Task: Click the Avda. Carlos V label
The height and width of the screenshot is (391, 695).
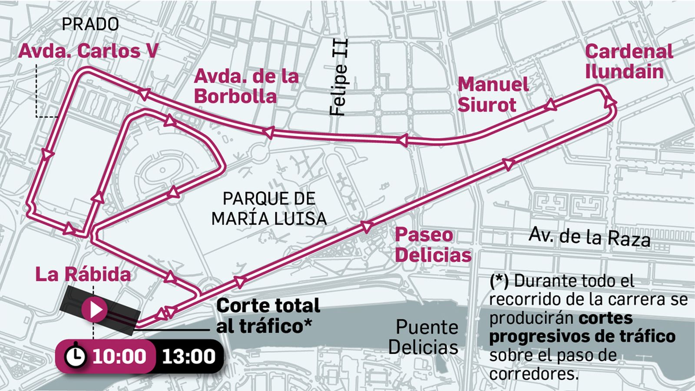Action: tap(88, 51)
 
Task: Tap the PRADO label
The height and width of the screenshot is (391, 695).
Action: tap(90, 24)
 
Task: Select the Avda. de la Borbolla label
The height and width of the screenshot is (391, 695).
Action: tap(246, 86)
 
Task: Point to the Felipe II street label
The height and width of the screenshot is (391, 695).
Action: tap(339, 77)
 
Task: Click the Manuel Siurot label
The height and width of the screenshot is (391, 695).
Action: tap(493, 94)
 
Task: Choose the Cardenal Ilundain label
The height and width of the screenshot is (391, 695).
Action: tap(629, 61)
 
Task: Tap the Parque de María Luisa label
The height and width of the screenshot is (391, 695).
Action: tap(269, 209)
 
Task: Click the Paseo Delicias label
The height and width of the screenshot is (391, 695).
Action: tap(433, 245)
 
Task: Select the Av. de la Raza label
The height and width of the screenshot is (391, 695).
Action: tap(589, 237)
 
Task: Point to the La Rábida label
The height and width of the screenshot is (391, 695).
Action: tap(83, 275)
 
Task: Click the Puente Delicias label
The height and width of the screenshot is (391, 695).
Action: tap(424, 337)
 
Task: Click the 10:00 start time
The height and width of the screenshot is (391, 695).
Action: tap(119, 356)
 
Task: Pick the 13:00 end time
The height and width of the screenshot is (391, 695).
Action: tap(189, 356)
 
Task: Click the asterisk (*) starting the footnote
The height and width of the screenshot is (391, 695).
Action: tap(499, 281)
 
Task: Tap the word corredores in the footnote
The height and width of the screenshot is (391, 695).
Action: tap(534, 374)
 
